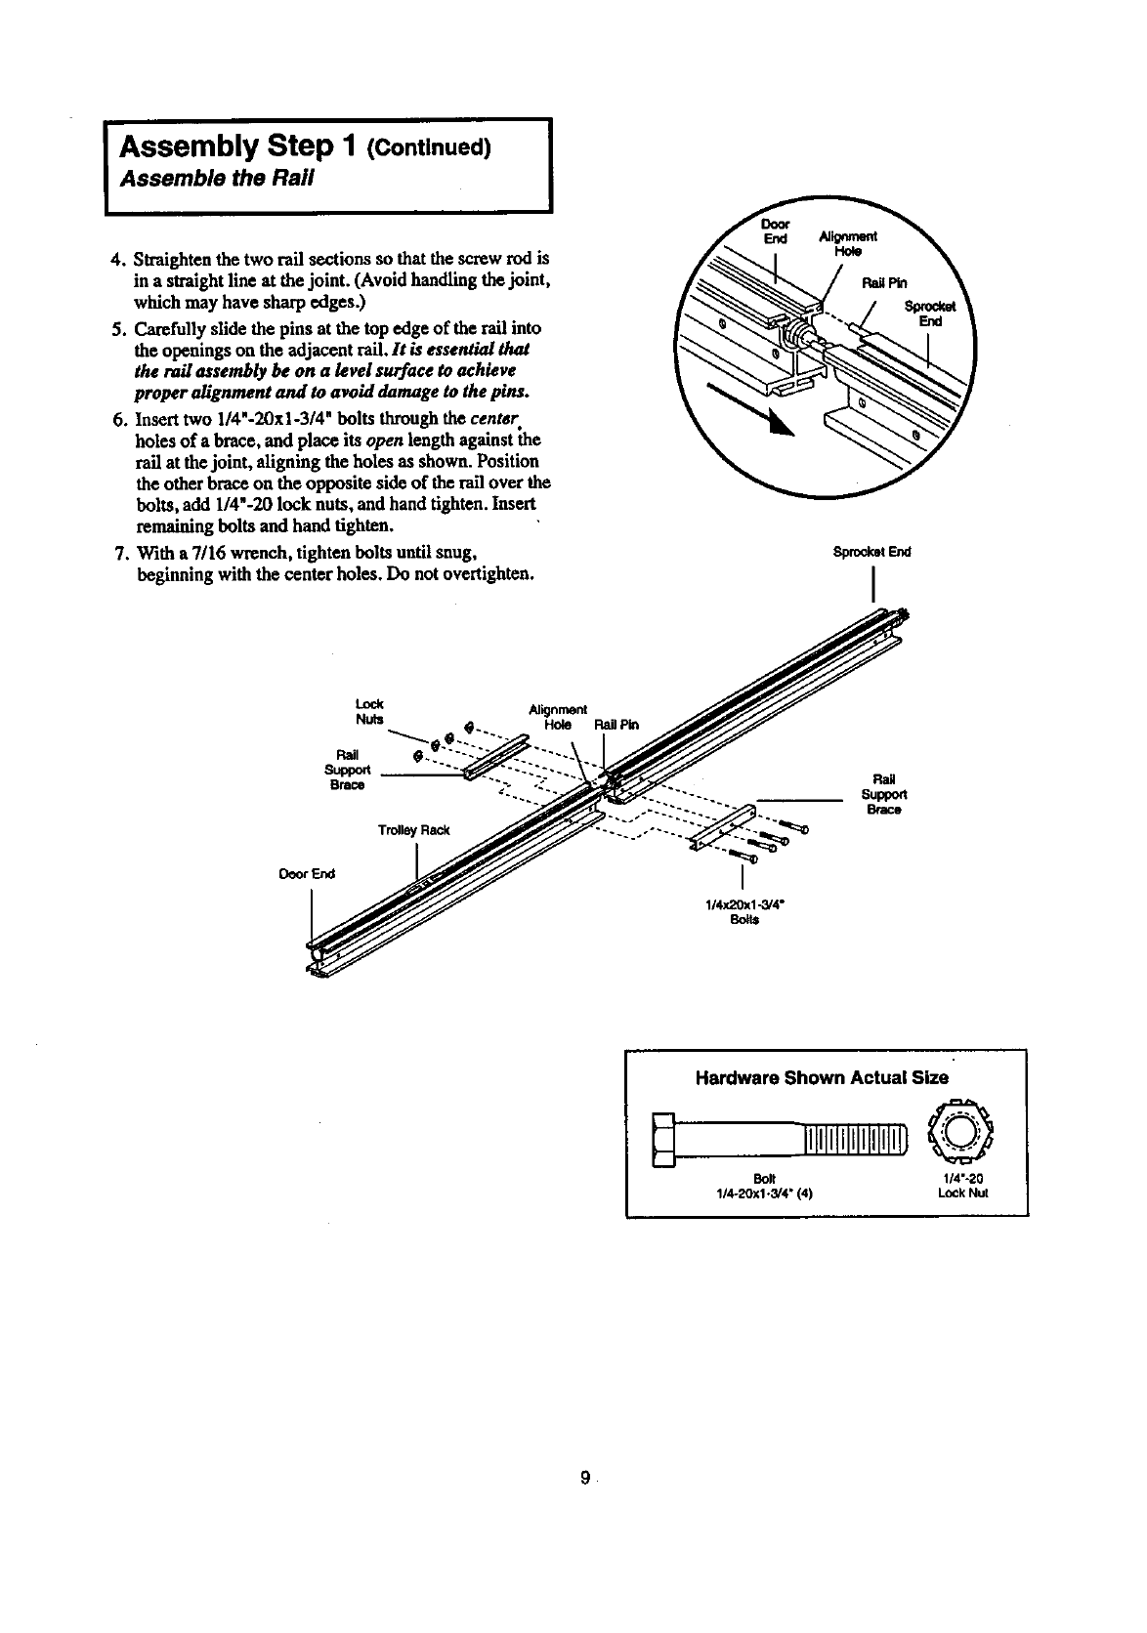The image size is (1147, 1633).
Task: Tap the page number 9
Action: pos(583,1479)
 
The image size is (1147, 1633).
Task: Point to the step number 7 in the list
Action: pos(118,556)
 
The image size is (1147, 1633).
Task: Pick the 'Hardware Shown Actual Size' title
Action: pos(821,1078)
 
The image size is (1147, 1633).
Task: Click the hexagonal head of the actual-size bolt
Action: pos(663,1139)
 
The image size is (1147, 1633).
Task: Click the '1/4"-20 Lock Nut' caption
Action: pos(962,1186)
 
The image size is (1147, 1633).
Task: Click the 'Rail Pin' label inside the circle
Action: pos(884,284)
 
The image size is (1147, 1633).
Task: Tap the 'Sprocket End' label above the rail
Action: pos(871,552)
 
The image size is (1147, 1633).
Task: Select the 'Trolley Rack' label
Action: pos(413,830)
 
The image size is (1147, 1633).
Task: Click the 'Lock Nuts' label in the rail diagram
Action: pos(370,711)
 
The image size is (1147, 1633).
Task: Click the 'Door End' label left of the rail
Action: pos(307,873)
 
